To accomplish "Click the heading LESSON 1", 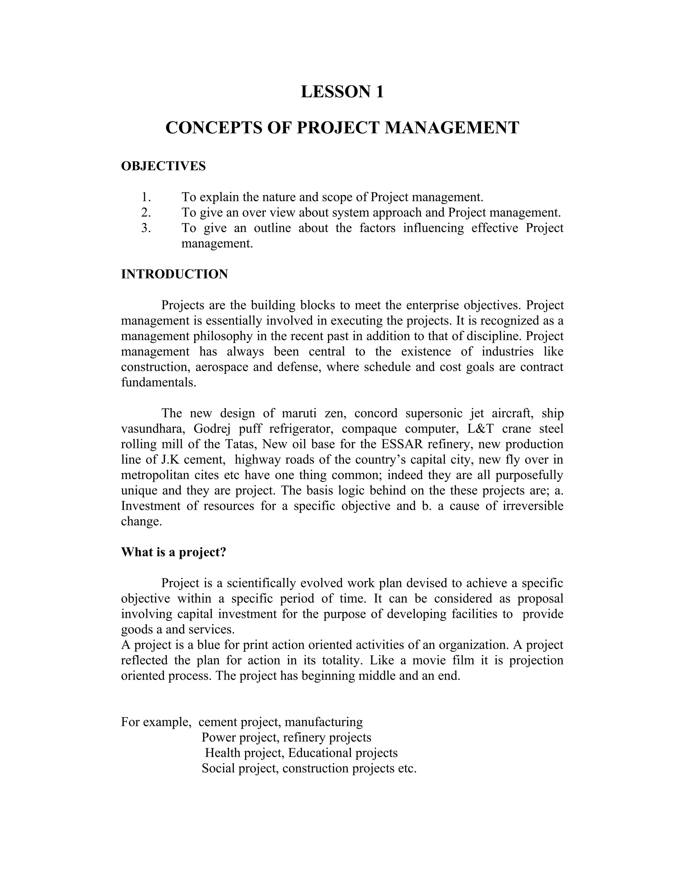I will (342, 92).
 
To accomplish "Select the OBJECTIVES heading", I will (163, 166).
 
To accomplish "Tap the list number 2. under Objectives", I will (146, 213).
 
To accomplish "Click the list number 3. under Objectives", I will (146, 228).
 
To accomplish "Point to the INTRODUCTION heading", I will (175, 274).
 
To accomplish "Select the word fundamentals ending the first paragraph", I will (158, 382).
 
